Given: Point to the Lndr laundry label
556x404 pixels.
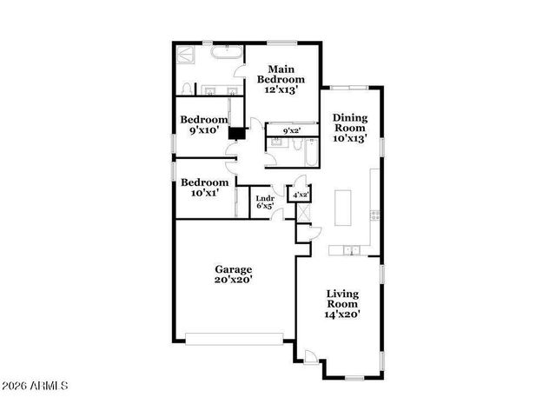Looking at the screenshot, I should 265,198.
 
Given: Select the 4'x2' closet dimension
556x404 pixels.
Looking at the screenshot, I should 300,195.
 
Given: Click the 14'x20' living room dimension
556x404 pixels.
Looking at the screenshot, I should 342,315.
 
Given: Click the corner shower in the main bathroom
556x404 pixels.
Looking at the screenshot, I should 186,55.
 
